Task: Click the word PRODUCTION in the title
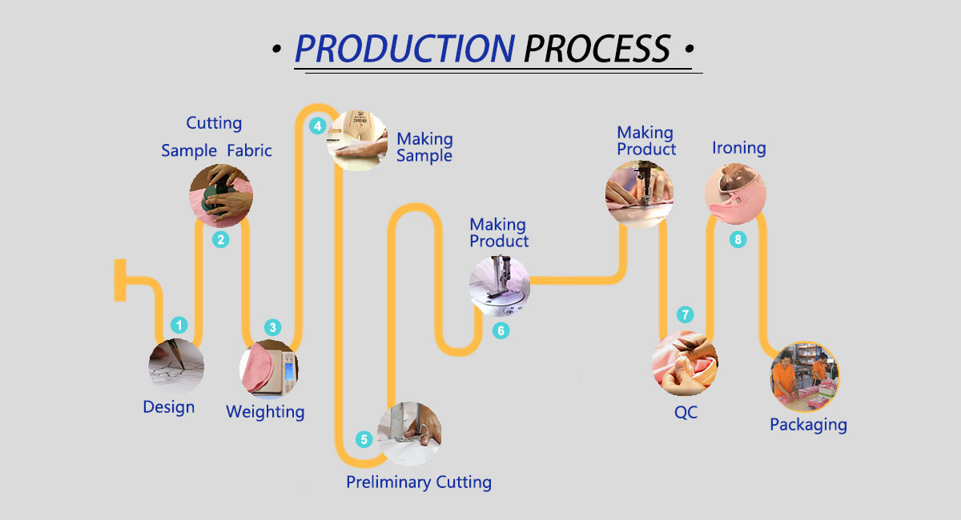point(404,49)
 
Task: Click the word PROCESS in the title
point(597,49)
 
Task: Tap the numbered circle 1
point(179,326)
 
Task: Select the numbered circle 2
point(221,238)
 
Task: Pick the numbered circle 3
point(273,327)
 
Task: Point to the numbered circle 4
point(318,126)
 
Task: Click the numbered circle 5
point(364,439)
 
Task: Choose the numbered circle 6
point(501,330)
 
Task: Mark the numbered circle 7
point(685,314)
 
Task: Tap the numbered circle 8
point(738,239)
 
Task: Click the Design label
point(168,407)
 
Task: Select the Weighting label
point(265,412)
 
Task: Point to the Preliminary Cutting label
point(418,482)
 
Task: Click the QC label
point(686,413)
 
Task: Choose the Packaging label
point(808,425)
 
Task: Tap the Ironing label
point(739,148)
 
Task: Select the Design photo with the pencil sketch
point(176,366)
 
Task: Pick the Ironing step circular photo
point(735,193)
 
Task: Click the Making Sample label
point(424,147)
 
